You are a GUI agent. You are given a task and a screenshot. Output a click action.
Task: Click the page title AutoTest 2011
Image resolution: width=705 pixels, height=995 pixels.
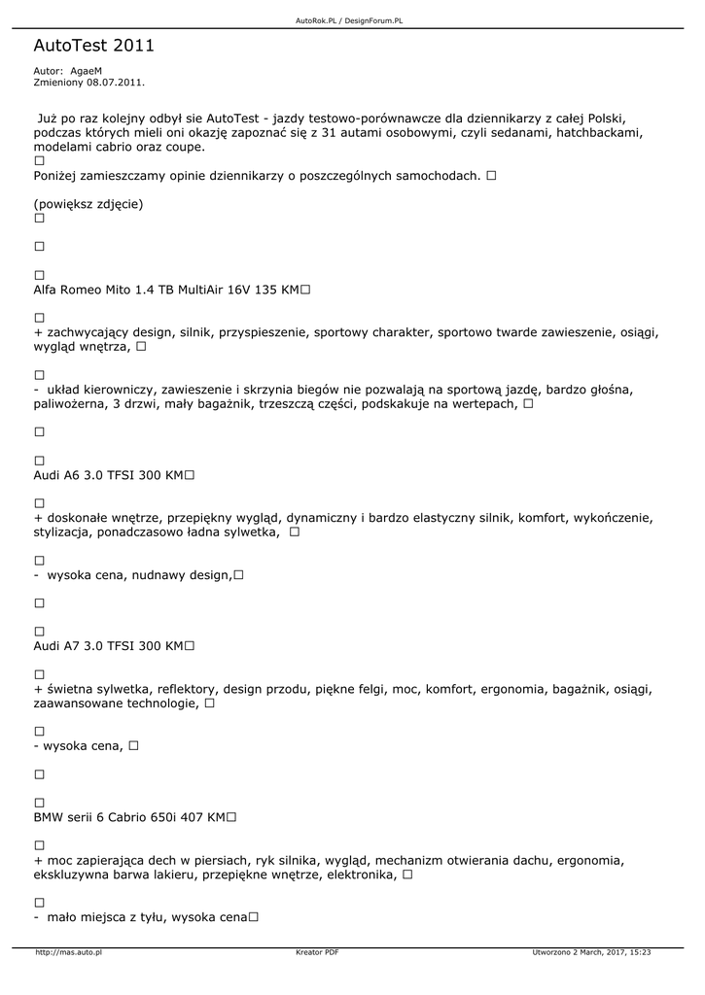click(93, 46)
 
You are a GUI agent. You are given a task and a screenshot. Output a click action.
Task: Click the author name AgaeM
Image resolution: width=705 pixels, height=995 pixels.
click(86, 71)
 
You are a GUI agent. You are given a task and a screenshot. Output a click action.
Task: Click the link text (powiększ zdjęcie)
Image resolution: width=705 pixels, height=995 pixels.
click(88, 204)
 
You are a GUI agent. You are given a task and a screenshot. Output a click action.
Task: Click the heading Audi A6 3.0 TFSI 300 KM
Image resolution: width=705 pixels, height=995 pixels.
click(108, 475)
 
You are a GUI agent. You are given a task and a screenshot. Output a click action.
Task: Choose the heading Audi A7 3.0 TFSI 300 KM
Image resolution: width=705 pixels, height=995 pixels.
click(108, 645)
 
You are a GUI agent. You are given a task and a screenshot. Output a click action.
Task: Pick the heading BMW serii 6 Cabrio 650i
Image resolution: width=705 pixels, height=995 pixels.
click(129, 817)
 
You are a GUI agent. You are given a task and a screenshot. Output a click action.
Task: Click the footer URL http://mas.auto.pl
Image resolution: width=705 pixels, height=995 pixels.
click(69, 952)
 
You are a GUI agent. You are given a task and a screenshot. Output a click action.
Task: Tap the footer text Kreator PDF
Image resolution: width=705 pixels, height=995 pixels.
click(317, 952)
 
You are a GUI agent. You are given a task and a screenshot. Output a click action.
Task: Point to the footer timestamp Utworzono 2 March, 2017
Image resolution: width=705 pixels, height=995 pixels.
click(591, 952)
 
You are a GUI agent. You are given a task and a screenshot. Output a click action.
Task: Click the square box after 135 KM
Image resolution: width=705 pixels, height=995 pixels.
click(305, 290)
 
